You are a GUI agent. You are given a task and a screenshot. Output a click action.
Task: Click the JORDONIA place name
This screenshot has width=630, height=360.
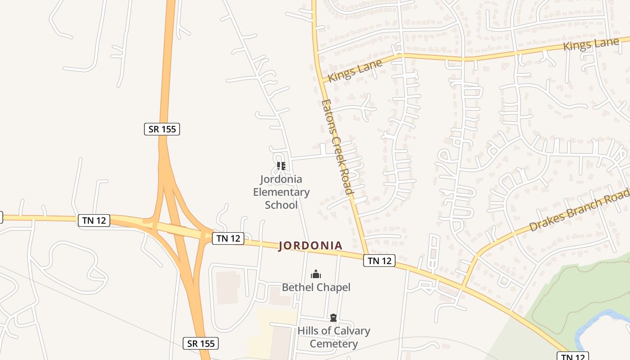(x=310, y=246)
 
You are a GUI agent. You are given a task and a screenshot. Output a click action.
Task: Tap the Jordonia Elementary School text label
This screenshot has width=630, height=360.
(x=281, y=192)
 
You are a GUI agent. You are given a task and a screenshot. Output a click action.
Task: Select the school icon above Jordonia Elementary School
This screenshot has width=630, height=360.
(x=281, y=166)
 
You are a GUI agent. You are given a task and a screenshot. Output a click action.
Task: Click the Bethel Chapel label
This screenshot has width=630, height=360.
(x=316, y=287)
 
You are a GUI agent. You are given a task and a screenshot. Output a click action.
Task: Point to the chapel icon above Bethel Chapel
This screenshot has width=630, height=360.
(x=316, y=274)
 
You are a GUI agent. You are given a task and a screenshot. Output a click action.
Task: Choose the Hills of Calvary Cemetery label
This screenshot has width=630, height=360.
(x=333, y=337)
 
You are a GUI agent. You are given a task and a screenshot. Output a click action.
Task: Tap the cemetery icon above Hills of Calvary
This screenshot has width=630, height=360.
(x=333, y=318)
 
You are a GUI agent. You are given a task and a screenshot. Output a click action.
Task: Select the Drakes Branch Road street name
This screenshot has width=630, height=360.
(x=579, y=210)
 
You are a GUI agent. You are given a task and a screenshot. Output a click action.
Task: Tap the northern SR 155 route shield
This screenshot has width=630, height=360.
(x=162, y=129)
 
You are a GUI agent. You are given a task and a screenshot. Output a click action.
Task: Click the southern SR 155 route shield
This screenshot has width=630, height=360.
(x=201, y=343)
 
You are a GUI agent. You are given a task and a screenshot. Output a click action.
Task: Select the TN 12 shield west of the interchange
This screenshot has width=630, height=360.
(x=94, y=220)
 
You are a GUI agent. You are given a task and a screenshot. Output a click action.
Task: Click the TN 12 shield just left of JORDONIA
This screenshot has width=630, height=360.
(x=228, y=238)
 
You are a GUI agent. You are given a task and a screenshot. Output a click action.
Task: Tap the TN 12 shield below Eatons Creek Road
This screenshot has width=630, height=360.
(x=379, y=260)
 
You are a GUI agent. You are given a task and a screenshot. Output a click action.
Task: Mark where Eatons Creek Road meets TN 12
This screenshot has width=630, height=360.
(x=367, y=255)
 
